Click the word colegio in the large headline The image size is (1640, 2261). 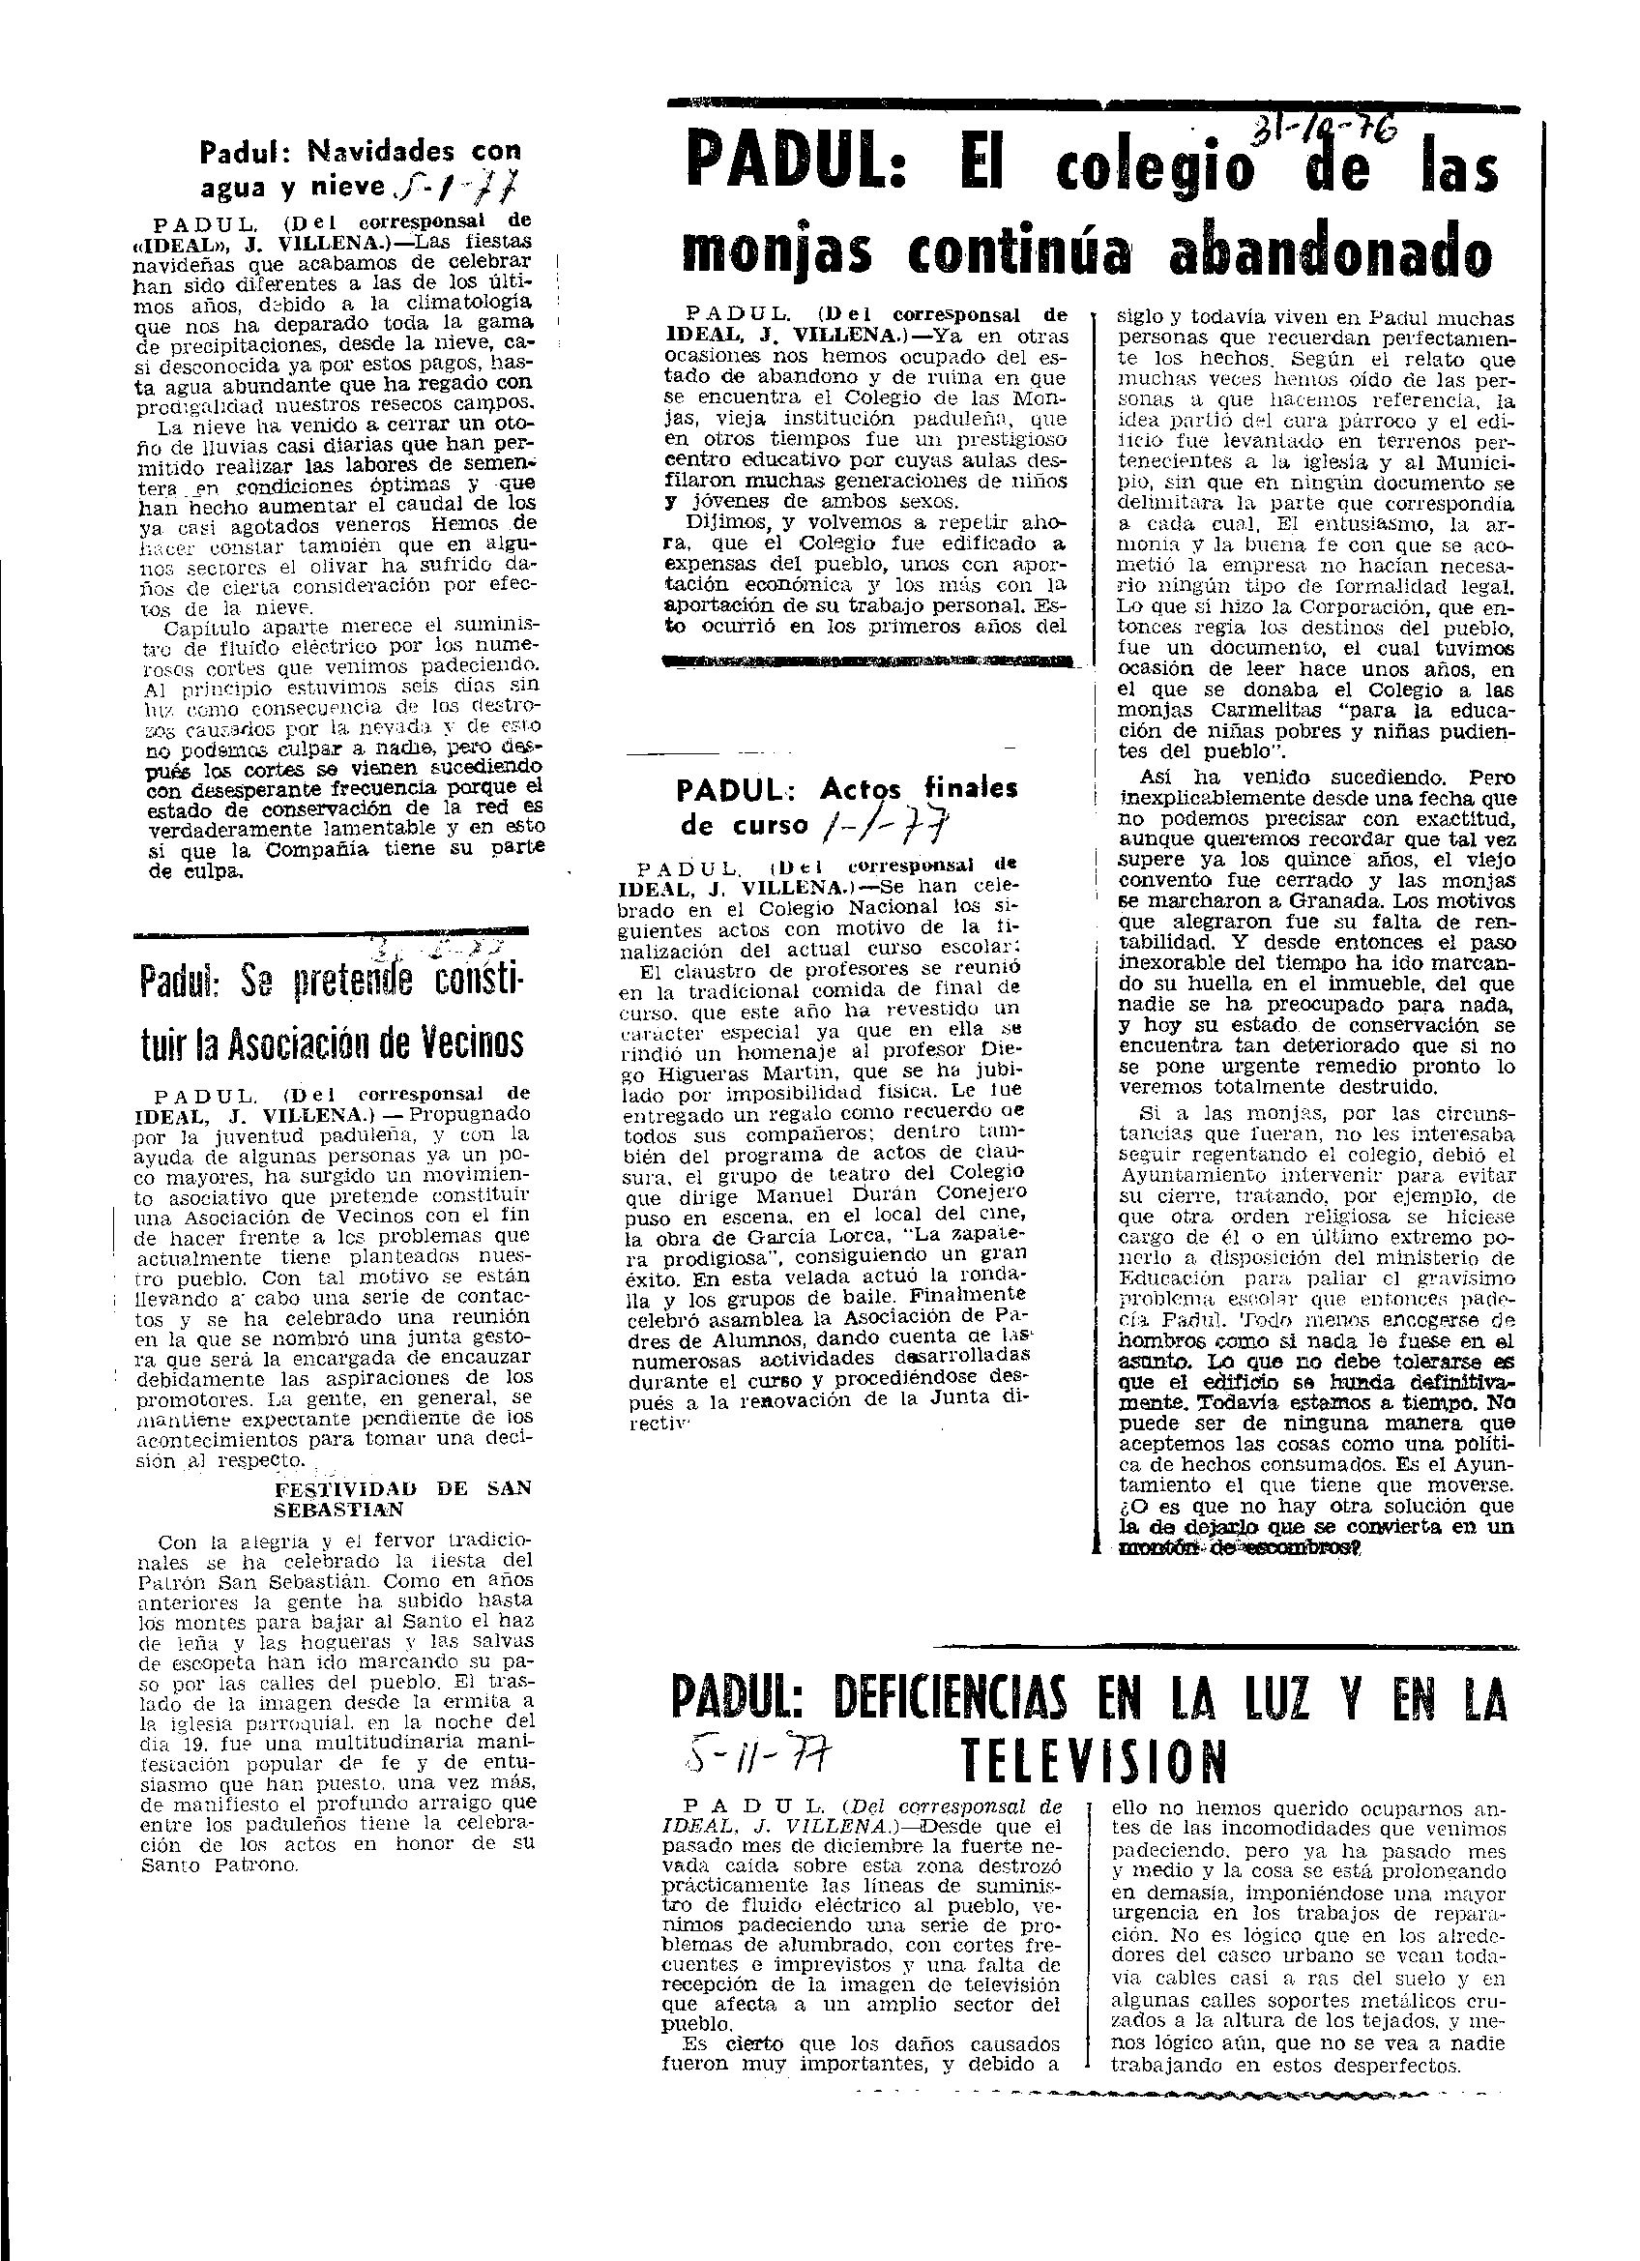pos(1153,170)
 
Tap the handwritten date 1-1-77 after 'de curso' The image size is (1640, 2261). pos(882,825)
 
